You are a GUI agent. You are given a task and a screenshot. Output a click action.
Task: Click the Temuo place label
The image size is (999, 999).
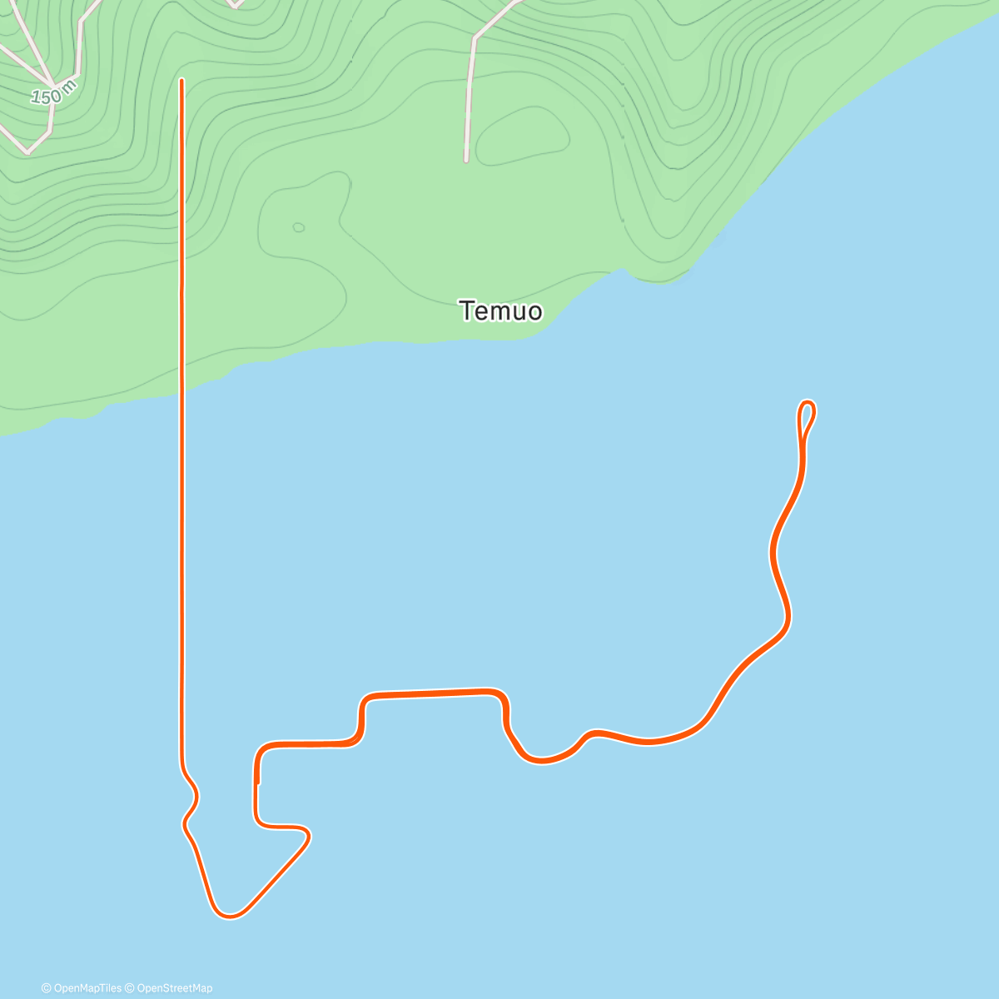(x=501, y=311)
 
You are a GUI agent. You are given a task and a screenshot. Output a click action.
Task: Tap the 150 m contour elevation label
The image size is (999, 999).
(x=53, y=93)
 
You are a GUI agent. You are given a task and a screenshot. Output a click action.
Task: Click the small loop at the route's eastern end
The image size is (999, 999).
(x=806, y=415)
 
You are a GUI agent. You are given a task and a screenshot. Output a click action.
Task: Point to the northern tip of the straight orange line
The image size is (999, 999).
(x=181, y=81)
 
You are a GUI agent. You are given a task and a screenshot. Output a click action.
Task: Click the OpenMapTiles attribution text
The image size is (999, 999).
(x=82, y=988)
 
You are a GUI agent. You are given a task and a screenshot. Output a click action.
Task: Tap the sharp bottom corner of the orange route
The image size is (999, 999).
(x=229, y=916)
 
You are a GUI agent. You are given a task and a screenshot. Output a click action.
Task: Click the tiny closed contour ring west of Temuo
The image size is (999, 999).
(x=298, y=227)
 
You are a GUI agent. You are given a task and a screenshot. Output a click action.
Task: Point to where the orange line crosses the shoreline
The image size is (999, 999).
(x=181, y=391)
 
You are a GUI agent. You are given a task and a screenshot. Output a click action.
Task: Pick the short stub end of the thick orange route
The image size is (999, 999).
(x=258, y=782)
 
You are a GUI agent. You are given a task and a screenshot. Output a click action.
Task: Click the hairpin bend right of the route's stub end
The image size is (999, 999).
(x=306, y=833)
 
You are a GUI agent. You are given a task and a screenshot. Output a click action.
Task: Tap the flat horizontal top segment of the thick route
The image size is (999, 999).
(x=433, y=693)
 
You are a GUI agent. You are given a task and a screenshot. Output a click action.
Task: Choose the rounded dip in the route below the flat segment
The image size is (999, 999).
(x=541, y=759)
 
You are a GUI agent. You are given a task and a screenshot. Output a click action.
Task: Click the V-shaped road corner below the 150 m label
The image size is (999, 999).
(x=28, y=152)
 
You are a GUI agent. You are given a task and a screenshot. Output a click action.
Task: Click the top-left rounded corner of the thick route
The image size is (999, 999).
(x=261, y=748)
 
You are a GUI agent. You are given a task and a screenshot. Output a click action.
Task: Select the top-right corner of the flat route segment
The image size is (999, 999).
(x=502, y=694)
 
